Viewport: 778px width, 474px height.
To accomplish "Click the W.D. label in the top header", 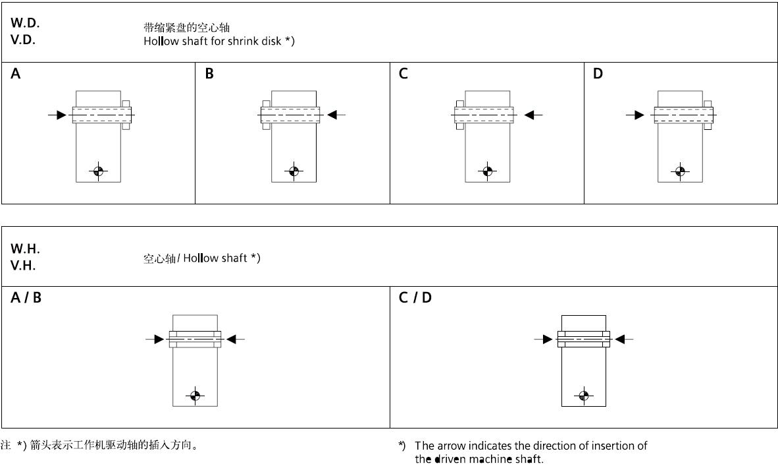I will coord(25,22).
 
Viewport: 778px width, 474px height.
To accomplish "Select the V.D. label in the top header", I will coord(23,40).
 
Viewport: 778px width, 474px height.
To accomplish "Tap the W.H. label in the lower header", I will coord(25,249).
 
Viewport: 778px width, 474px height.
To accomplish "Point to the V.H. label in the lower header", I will coord(23,266).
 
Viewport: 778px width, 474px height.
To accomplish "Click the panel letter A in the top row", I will coord(16,74).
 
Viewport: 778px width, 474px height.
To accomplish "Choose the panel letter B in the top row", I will coord(209,74).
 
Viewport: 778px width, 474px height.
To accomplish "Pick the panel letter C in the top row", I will coord(403,74).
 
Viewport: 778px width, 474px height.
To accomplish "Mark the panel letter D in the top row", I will coord(598,74).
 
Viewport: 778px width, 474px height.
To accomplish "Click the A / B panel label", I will coord(26,298).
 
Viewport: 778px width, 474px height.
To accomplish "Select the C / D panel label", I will coord(415,298).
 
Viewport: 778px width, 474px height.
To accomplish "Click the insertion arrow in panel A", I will coord(58,115).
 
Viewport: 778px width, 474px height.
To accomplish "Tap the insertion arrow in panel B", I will coord(336,115).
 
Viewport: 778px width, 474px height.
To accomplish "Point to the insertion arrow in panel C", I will coord(533,115).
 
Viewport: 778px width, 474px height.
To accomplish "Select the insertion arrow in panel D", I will coord(635,115).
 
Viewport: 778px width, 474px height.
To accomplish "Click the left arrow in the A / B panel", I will coord(155,340).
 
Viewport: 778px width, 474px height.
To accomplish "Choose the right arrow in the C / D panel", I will coord(623,340).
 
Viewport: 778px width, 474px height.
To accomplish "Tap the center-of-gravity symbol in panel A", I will coord(99,171).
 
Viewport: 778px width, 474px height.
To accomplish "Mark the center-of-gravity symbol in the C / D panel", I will coord(583,396).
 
